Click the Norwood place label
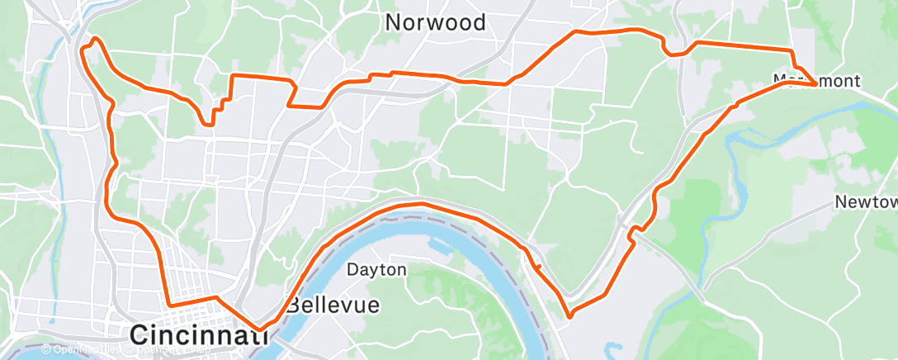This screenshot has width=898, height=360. click(436, 22)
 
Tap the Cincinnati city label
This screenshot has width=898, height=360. click(194, 335)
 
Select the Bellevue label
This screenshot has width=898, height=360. click(333, 305)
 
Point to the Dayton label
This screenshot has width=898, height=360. click(376, 270)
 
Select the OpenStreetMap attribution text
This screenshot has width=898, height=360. click(169, 349)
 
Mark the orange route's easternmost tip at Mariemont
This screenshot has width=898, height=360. click(816, 84)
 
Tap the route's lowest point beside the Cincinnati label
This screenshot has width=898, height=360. click(261, 329)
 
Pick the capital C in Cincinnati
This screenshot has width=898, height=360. click(140, 335)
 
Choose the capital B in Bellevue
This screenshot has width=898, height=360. click(292, 305)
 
